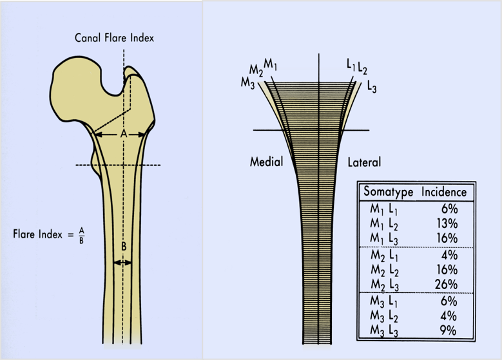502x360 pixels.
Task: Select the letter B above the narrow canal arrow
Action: point(123,246)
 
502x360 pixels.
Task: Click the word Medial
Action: point(266,162)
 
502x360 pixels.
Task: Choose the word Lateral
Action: point(364,162)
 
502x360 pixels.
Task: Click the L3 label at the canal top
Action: point(372,87)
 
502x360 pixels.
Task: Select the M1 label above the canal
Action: point(271,65)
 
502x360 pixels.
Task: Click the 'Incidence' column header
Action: point(444,192)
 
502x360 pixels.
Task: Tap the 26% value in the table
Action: point(445,285)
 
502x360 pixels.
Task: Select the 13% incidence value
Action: point(445,223)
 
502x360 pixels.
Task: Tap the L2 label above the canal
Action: point(362,68)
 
